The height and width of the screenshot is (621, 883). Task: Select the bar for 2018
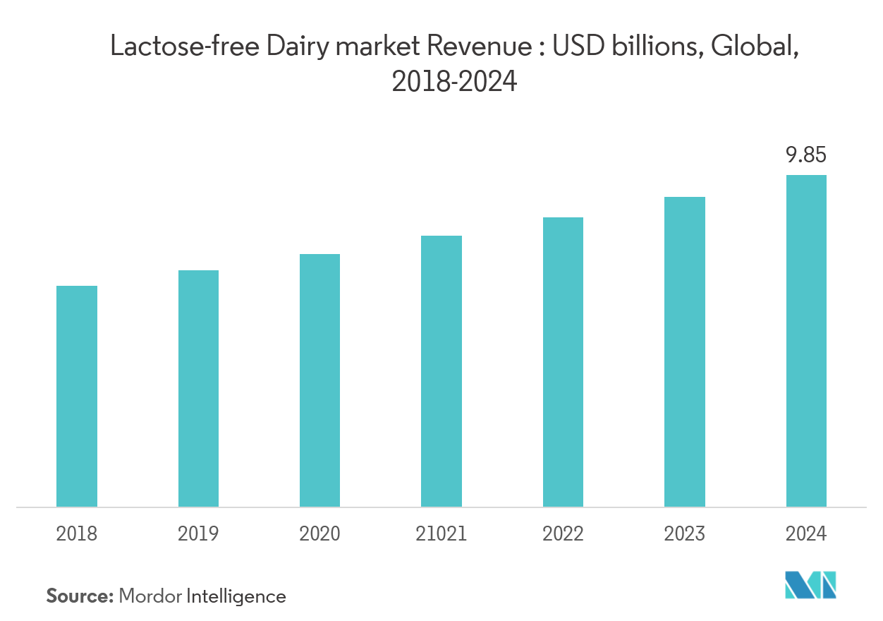tap(77, 396)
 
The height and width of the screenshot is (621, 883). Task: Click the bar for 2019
tap(198, 388)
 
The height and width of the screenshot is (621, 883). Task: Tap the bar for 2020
tap(319, 380)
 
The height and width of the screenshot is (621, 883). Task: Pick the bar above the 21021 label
tap(441, 371)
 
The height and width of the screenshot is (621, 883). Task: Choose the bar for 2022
tap(563, 362)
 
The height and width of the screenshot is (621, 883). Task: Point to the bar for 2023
tap(684, 351)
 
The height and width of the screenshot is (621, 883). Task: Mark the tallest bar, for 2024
tap(806, 341)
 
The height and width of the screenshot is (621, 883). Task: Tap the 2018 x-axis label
tap(77, 533)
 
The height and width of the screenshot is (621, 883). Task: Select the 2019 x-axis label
tap(198, 533)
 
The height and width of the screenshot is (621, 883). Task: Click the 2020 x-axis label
tap(319, 533)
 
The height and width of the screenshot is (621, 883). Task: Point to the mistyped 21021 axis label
tap(441, 533)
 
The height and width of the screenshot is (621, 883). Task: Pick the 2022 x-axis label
tap(563, 533)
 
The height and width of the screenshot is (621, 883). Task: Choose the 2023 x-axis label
tap(684, 533)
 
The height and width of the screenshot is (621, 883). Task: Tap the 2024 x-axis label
tap(806, 533)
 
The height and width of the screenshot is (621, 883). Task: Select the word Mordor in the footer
tap(150, 596)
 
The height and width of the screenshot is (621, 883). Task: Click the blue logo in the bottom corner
tap(811, 584)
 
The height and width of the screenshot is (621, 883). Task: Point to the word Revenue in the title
tap(486, 47)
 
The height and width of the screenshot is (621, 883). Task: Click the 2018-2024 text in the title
tap(454, 83)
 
